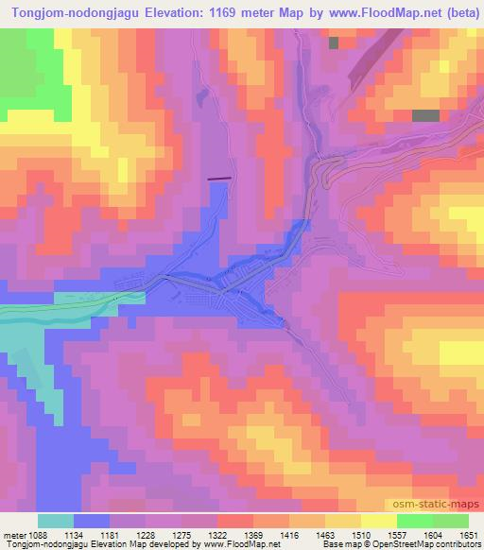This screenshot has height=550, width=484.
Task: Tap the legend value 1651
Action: coord(469,536)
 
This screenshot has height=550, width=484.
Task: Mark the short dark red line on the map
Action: coord(218,178)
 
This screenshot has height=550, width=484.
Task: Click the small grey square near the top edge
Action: coord(334,43)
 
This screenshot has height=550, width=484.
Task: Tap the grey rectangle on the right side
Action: coord(426,115)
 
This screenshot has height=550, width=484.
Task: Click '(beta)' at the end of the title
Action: coord(456,12)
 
